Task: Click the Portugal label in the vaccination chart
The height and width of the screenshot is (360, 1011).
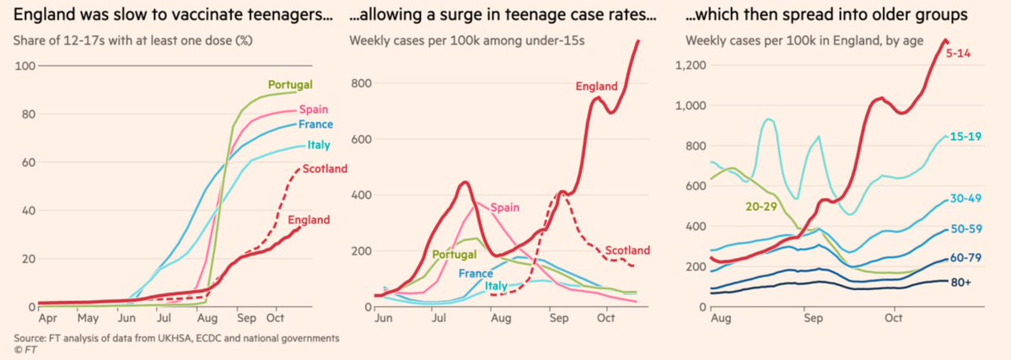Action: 291,84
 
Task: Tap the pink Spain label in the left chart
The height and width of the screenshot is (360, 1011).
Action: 315,109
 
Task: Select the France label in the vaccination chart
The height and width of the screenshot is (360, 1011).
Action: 316,125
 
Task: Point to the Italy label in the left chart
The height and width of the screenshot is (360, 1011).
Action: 318,146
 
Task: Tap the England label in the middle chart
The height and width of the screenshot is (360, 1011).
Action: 597,86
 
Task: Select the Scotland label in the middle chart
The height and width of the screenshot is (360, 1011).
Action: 627,250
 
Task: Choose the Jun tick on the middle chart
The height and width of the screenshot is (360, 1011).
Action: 381,321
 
